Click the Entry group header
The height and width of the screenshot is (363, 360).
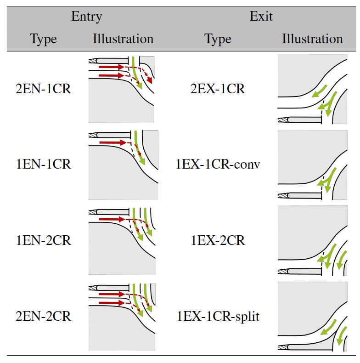click(87, 17)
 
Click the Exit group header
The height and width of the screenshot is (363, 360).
click(261, 17)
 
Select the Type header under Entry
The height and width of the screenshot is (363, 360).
click(44, 39)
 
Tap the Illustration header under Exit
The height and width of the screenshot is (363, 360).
click(312, 39)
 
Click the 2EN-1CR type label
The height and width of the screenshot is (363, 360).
click(44, 89)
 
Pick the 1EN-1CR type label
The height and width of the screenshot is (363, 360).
click(44, 164)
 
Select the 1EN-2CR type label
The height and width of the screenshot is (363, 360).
click(44, 240)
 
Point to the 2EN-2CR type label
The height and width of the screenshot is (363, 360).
click(44, 317)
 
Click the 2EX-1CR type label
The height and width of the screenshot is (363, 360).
click(218, 89)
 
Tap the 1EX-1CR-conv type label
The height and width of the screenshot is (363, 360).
click(218, 164)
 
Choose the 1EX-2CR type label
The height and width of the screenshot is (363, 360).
click(218, 240)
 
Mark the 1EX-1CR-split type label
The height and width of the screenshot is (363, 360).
click(218, 317)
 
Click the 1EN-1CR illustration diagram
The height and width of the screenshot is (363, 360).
click(123, 164)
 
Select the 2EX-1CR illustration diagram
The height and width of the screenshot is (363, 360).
click(312, 89)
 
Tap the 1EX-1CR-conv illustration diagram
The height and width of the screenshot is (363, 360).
click(312, 164)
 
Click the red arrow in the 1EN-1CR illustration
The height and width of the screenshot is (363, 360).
click(112, 143)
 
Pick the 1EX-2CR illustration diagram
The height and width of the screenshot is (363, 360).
click(312, 240)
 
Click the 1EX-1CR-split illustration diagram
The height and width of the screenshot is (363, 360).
click(312, 317)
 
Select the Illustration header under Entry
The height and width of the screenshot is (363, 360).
click(123, 39)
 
